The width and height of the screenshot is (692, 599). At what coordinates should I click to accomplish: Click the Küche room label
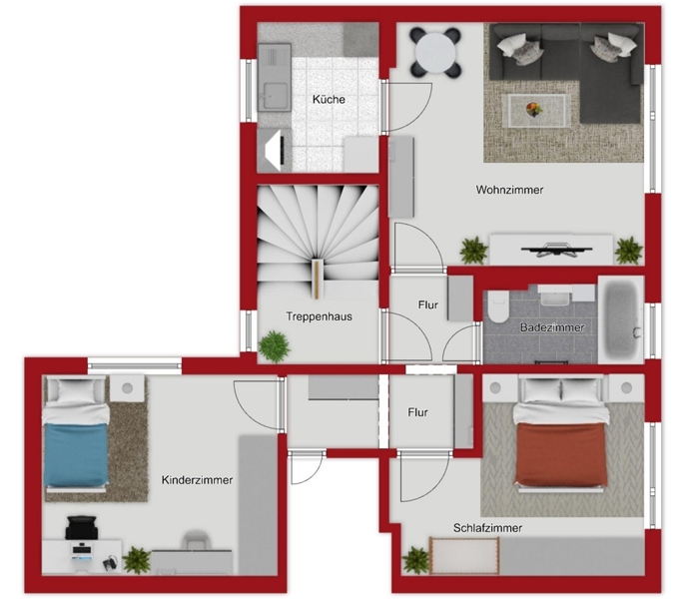point(329,99)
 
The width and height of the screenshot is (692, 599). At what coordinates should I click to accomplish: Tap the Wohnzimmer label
point(509,190)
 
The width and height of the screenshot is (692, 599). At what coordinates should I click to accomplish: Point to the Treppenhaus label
point(320,316)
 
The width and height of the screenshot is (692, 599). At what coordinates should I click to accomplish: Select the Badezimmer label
point(551,327)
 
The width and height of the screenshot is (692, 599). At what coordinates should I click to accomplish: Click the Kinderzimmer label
point(198,480)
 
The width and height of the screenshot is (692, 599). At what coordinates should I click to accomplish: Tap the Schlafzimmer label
point(487,527)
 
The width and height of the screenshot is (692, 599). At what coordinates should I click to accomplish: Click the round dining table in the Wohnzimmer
point(435,53)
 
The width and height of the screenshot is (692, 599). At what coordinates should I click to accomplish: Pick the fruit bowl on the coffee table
point(534,109)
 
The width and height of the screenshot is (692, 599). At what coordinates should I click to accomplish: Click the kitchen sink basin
point(274,96)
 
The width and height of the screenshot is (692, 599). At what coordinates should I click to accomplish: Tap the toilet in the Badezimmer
point(498,307)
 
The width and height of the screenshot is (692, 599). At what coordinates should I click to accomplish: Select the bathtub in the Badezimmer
point(621,319)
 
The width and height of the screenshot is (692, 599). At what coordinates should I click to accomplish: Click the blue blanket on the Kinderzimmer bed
point(76,454)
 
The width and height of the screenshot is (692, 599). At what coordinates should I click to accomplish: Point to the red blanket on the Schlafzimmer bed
point(560,453)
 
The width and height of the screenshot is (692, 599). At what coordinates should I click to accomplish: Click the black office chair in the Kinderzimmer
point(81,527)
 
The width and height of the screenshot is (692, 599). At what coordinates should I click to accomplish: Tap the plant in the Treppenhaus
point(274,346)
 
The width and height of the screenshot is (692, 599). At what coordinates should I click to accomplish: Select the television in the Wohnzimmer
point(556,251)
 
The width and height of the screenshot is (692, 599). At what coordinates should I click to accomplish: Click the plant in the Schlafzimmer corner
point(415,560)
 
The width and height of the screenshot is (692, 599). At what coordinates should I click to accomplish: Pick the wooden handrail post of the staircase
point(318,279)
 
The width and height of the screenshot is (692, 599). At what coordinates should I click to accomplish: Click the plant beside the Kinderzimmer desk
point(137,560)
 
